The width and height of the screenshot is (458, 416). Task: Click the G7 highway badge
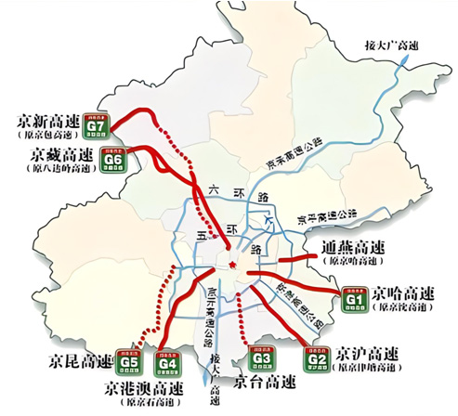click(98, 123)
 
